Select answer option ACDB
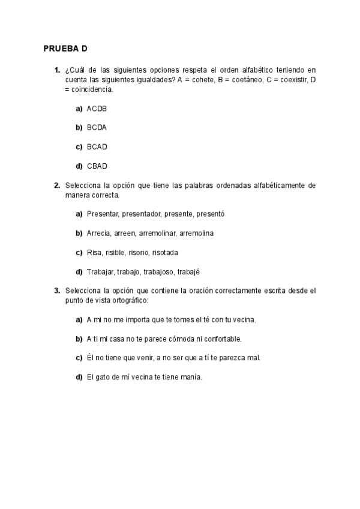click(x=97, y=109)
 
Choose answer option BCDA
click(x=97, y=128)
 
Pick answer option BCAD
click(x=97, y=146)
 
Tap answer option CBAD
click(x=97, y=166)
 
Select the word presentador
click(x=142, y=214)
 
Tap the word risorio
click(x=139, y=252)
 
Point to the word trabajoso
click(x=159, y=271)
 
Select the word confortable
click(x=221, y=339)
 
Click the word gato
click(x=105, y=377)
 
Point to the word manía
click(x=191, y=377)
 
